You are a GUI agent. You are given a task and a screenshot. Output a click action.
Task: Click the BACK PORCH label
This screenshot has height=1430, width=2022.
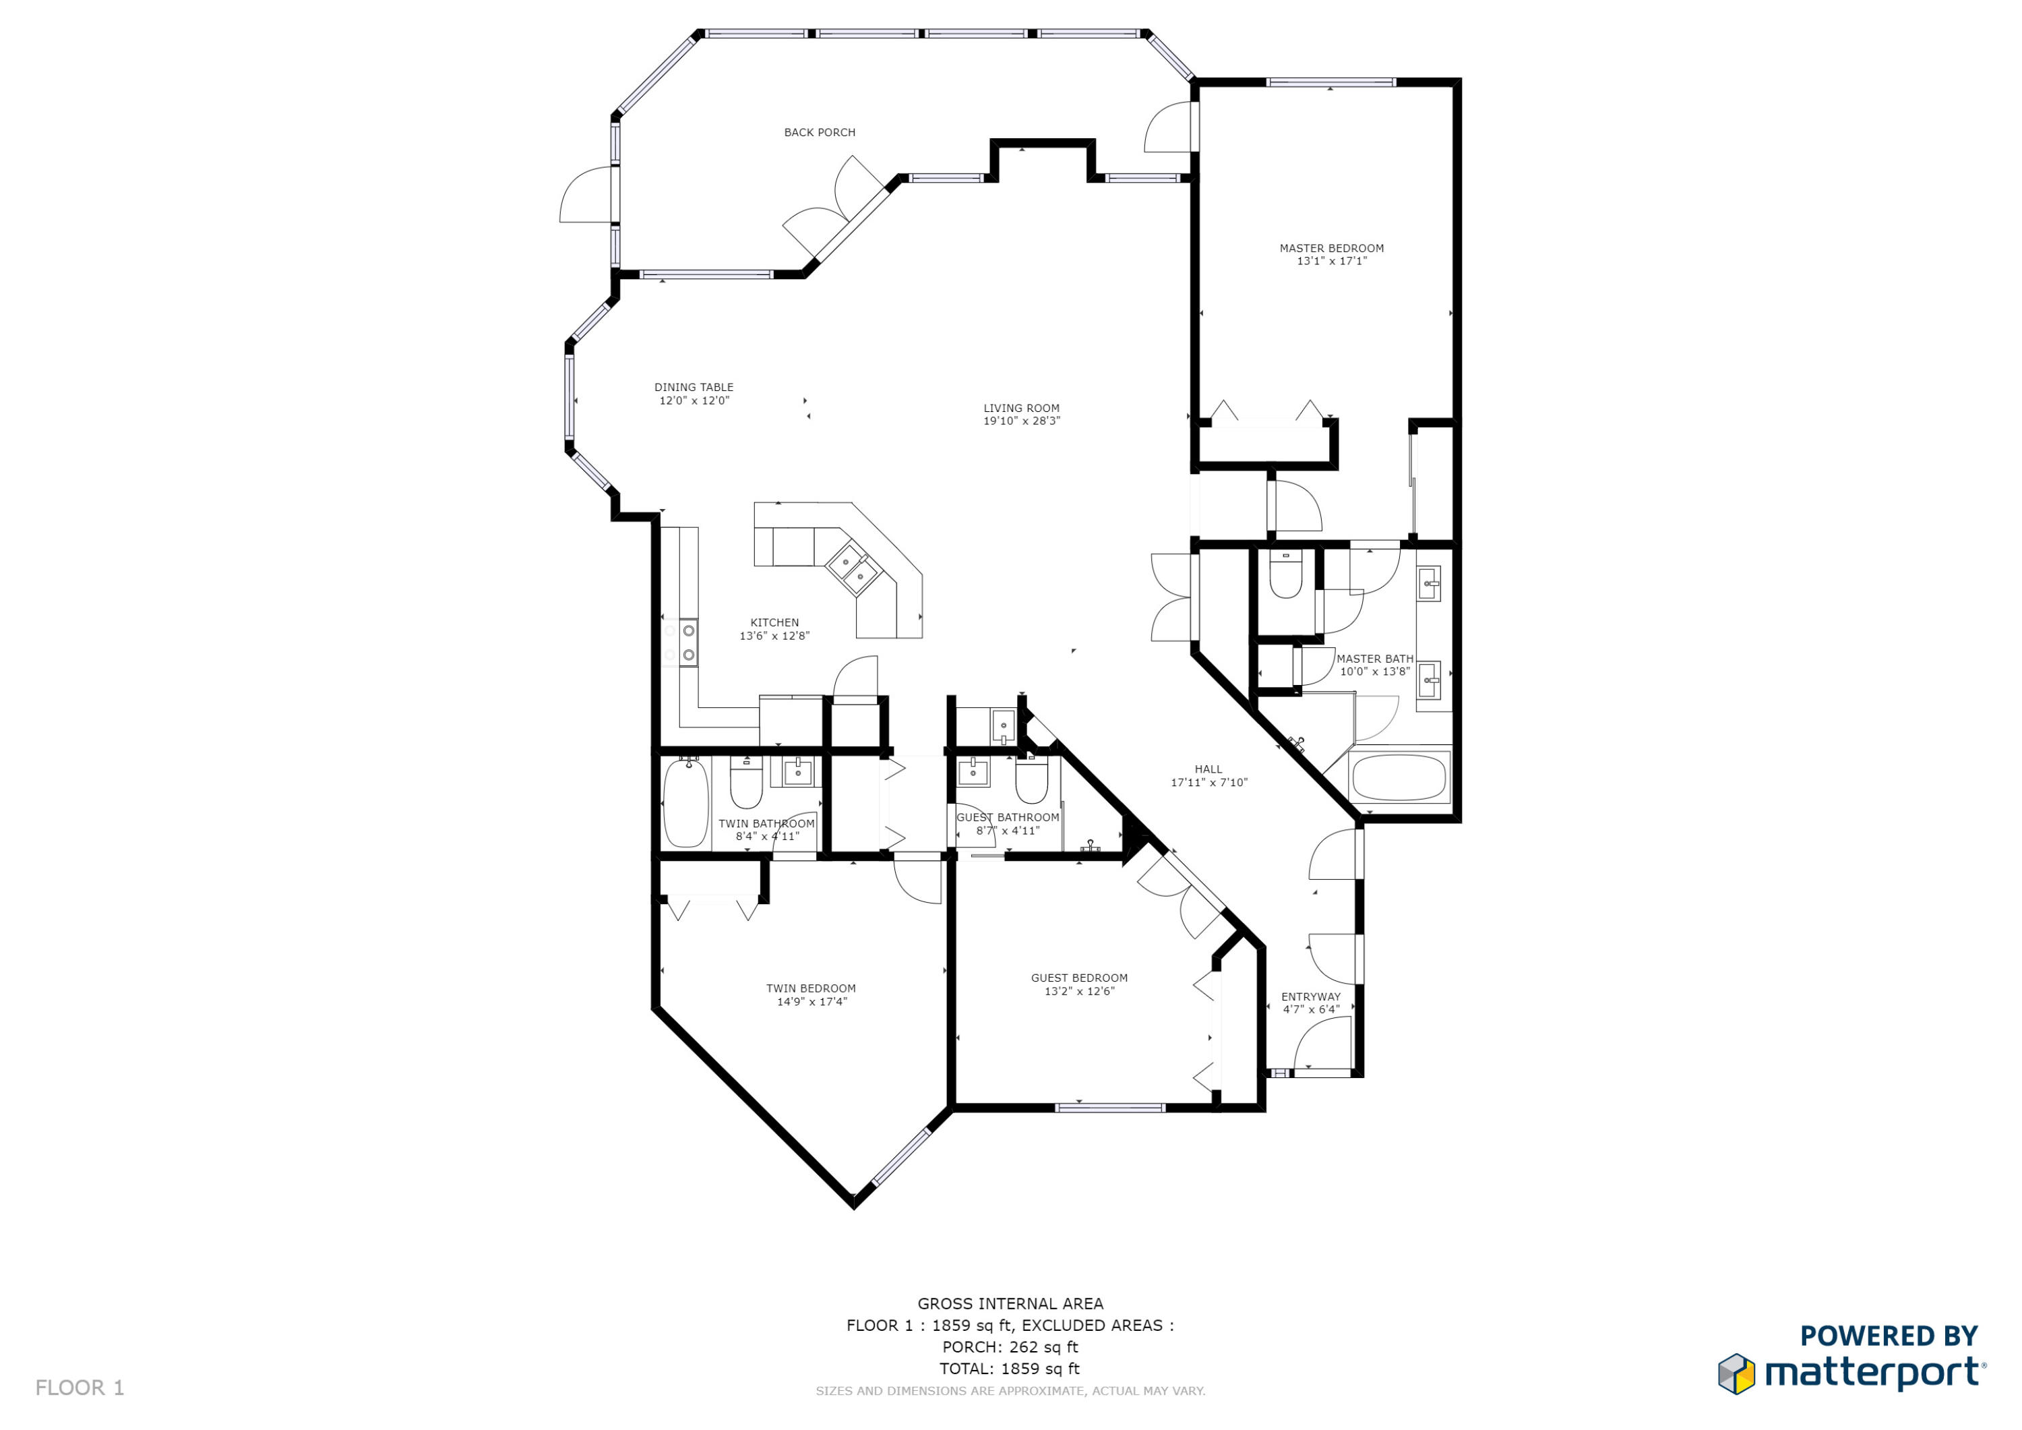click(819, 132)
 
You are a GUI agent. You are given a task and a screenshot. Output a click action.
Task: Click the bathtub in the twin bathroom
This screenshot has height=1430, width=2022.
click(685, 804)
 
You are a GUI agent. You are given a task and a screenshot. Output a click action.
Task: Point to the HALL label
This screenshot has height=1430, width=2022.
click(1208, 769)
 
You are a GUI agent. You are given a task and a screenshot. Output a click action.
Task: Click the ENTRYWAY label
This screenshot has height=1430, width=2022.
click(1310, 996)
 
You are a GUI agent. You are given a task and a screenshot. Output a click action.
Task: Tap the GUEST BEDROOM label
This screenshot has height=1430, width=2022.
click(1079, 978)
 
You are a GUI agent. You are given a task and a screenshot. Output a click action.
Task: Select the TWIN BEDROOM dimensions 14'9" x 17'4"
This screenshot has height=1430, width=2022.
click(810, 1002)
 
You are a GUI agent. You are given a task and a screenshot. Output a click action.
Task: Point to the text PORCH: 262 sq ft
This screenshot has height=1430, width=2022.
click(1010, 1347)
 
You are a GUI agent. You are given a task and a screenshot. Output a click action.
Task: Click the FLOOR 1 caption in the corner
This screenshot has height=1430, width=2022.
click(80, 1388)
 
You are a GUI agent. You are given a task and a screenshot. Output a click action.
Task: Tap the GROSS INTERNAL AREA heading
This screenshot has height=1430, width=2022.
click(1010, 1304)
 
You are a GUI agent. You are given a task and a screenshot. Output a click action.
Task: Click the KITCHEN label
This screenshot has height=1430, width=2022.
click(774, 622)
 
